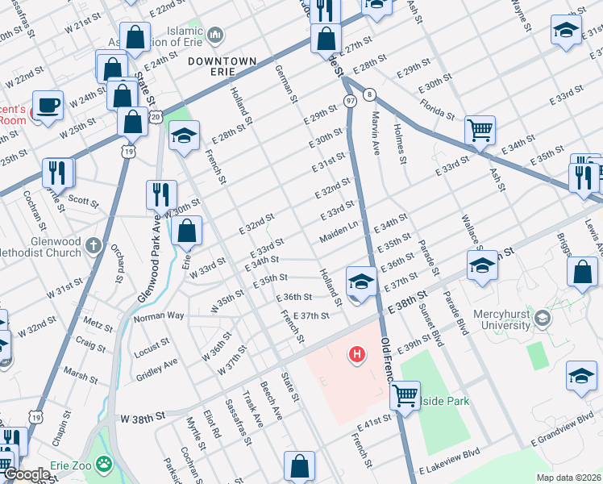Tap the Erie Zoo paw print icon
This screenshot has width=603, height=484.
(x=103, y=464)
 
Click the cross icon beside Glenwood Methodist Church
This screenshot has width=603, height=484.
(x=94, y=244)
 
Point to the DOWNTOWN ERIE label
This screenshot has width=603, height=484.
(x=222, y=61)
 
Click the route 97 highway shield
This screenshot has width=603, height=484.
(x=350, y=101)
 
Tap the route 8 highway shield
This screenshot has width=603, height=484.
(x=368, y=94)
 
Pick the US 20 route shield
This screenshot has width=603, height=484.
(x=156, y=118)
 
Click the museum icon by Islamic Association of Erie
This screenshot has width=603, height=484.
(x=215, y=35)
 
